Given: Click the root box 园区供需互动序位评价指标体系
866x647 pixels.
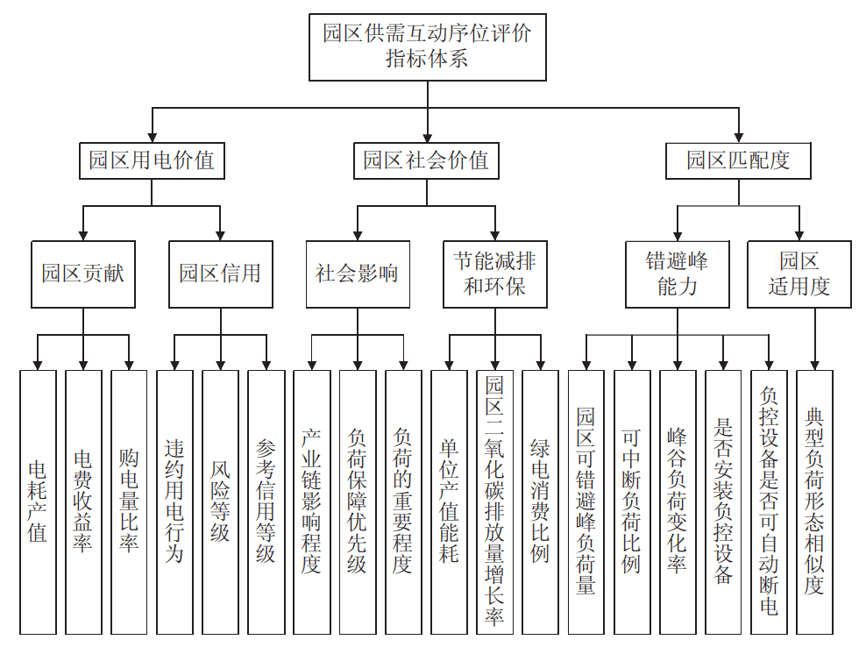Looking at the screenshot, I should point(427,46).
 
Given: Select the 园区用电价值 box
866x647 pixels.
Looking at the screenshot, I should point(152,160).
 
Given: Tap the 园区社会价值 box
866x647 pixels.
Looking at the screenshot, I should point(426,160).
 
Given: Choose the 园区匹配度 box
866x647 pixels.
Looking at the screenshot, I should point(738,160).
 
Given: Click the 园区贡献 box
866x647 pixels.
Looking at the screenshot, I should point(83,274).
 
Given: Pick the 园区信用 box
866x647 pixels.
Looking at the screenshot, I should point(220,274).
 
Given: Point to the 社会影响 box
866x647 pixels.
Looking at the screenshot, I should point(357,274).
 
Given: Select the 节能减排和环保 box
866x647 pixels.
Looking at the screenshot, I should point(494,274).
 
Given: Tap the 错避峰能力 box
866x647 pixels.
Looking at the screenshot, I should point(677,274).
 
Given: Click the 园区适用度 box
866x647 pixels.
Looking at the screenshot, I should point(799,274).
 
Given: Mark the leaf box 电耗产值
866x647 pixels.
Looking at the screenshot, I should point(38,501).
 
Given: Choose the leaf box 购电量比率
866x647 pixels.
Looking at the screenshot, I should point(129,501).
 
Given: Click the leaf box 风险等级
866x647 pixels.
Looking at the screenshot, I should point(220,501).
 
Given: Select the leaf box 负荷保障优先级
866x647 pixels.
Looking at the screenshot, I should point(357,501).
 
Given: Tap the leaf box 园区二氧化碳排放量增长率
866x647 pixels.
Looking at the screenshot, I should point(494,501).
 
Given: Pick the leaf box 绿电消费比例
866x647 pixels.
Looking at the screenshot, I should point(540,501).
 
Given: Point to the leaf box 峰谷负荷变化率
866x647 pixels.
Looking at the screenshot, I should point(677,501).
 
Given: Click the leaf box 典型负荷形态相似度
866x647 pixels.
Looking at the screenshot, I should point(814,501).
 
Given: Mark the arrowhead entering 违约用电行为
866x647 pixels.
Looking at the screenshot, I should point(174,363).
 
